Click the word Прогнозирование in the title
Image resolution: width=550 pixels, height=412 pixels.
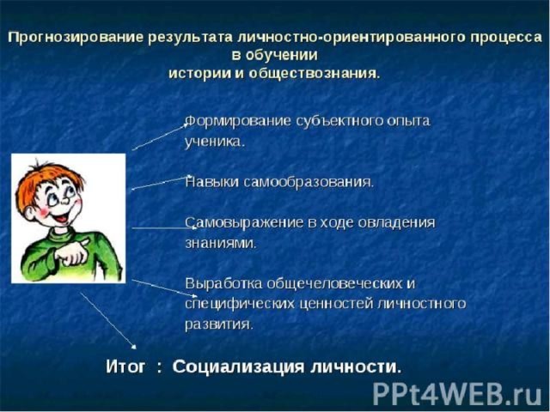click(76, 38)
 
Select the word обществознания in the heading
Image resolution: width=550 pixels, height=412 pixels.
click(315, 74)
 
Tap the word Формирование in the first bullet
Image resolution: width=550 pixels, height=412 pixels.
click(238, 121)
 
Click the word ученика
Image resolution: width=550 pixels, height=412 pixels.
click(214, 142)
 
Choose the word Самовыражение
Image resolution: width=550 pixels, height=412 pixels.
click(245, 223)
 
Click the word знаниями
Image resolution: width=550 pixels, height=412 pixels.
click(221, 243)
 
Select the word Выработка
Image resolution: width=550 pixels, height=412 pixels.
click(223, 283)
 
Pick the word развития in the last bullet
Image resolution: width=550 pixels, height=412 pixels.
click(219, 324)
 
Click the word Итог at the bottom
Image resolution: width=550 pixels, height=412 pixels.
click(125, 367)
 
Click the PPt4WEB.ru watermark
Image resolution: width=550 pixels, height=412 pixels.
click(457, 394)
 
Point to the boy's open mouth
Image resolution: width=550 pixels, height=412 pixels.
click(63, 219)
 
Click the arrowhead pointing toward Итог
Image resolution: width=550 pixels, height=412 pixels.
click(133, 347)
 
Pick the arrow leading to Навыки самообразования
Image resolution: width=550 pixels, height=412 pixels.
click(161, 183)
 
